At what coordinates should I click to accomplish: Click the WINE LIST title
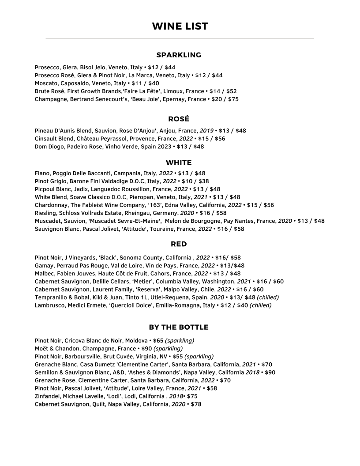(180, 26)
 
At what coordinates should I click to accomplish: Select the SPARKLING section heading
(179, 55)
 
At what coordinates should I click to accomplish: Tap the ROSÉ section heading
(179, 119)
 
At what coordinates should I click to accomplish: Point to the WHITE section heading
(179, 163)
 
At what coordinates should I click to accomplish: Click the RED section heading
(179, 244)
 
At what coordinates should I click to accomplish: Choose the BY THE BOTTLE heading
(179, 327)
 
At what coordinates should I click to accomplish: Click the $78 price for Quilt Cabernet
(196, 404)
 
